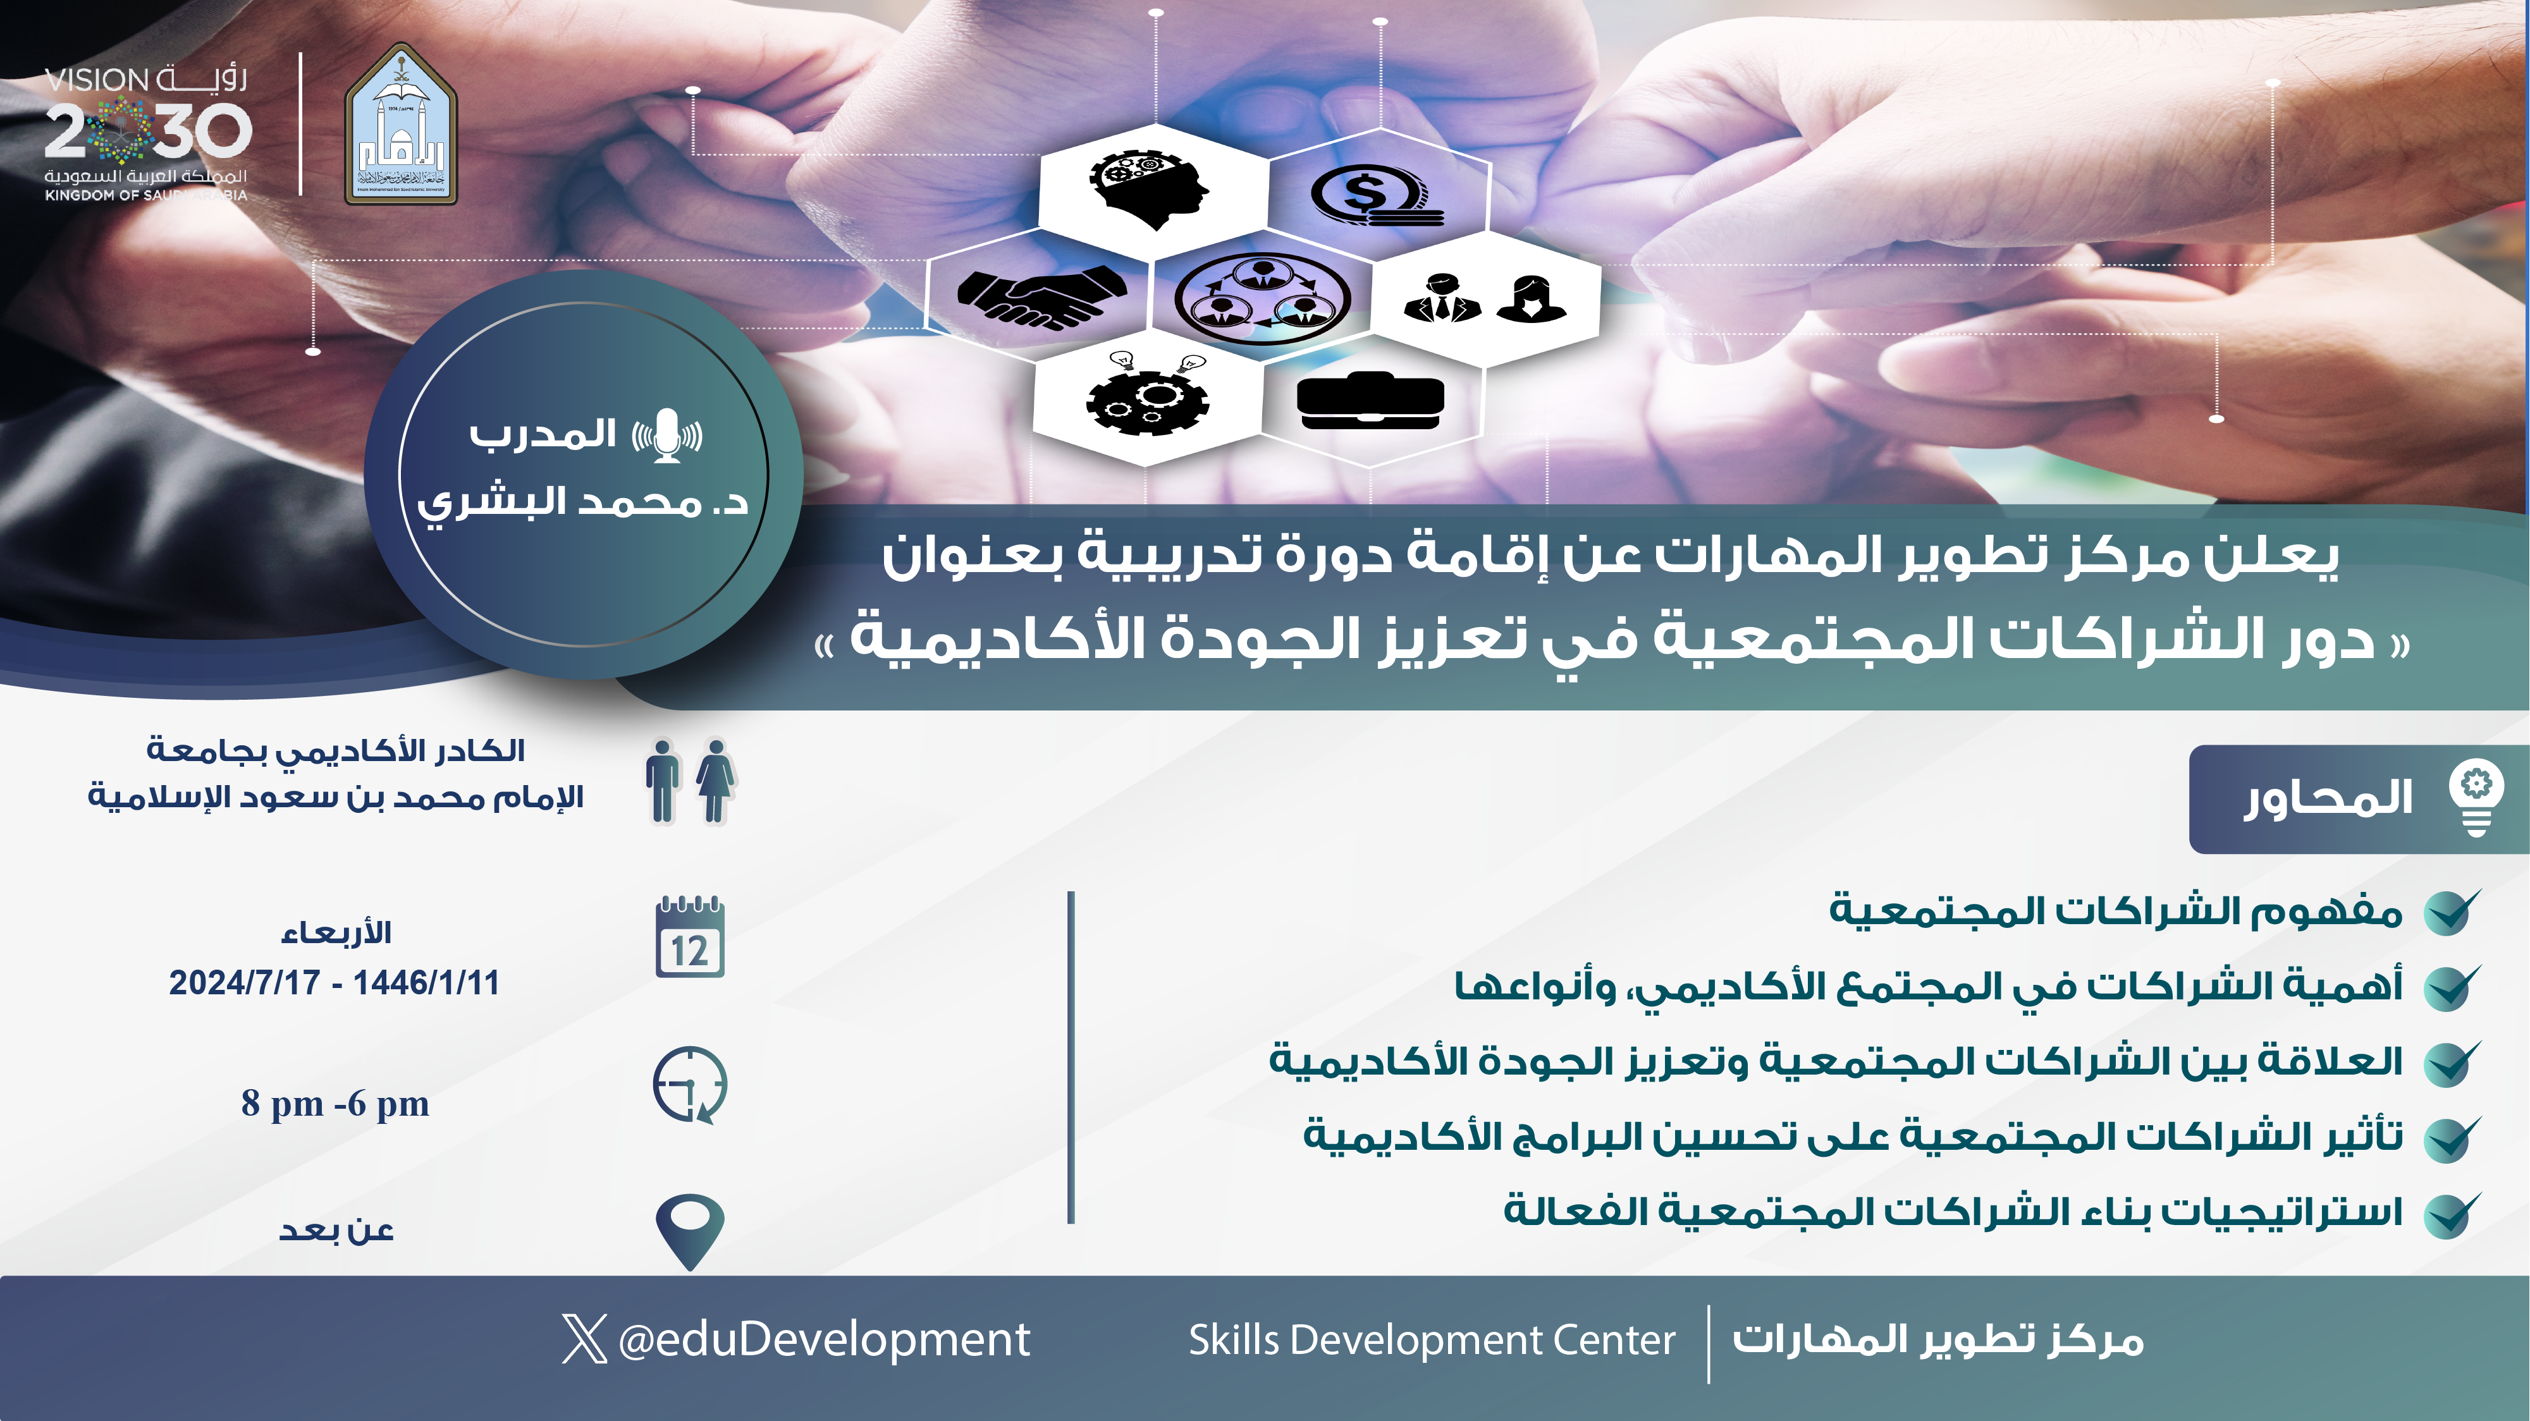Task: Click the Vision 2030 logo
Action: click(x=147, y=133)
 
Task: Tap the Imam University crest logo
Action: click(x=401, y=124)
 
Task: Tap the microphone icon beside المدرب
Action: click(x=667, y=435)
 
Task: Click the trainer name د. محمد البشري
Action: click(x=582, y=503)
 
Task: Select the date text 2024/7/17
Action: click(x=245, y=983)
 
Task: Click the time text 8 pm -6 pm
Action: click(x=335, y=1104)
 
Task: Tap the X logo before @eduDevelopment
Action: click(x=584, y=1339)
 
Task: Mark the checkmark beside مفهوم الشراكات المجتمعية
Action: click(x=2452, y=912)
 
